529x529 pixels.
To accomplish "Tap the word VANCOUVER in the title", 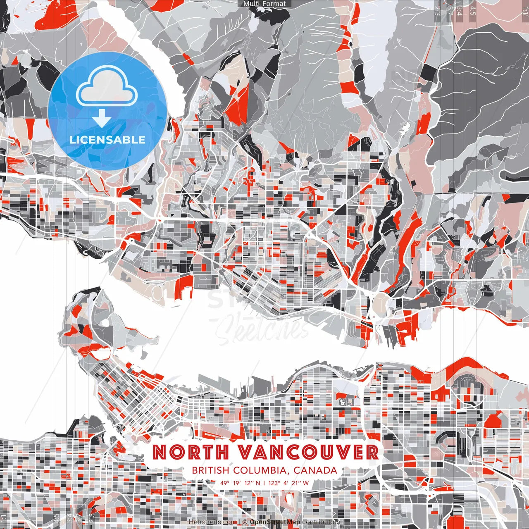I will [x=307, y=452].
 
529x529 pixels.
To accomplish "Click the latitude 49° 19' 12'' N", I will [x=240, y=483].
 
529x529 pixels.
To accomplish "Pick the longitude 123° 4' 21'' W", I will [x=288, y=483].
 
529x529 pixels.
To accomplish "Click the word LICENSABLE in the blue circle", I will [x=107, y=140].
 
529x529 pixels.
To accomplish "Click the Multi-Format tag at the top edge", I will [x=264, y=4].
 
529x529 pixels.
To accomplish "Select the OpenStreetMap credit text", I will [x=275, y=522].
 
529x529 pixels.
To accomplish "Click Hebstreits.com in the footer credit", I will [x=212, y=522].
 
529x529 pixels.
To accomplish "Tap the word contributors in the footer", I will [x=321, y=522].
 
